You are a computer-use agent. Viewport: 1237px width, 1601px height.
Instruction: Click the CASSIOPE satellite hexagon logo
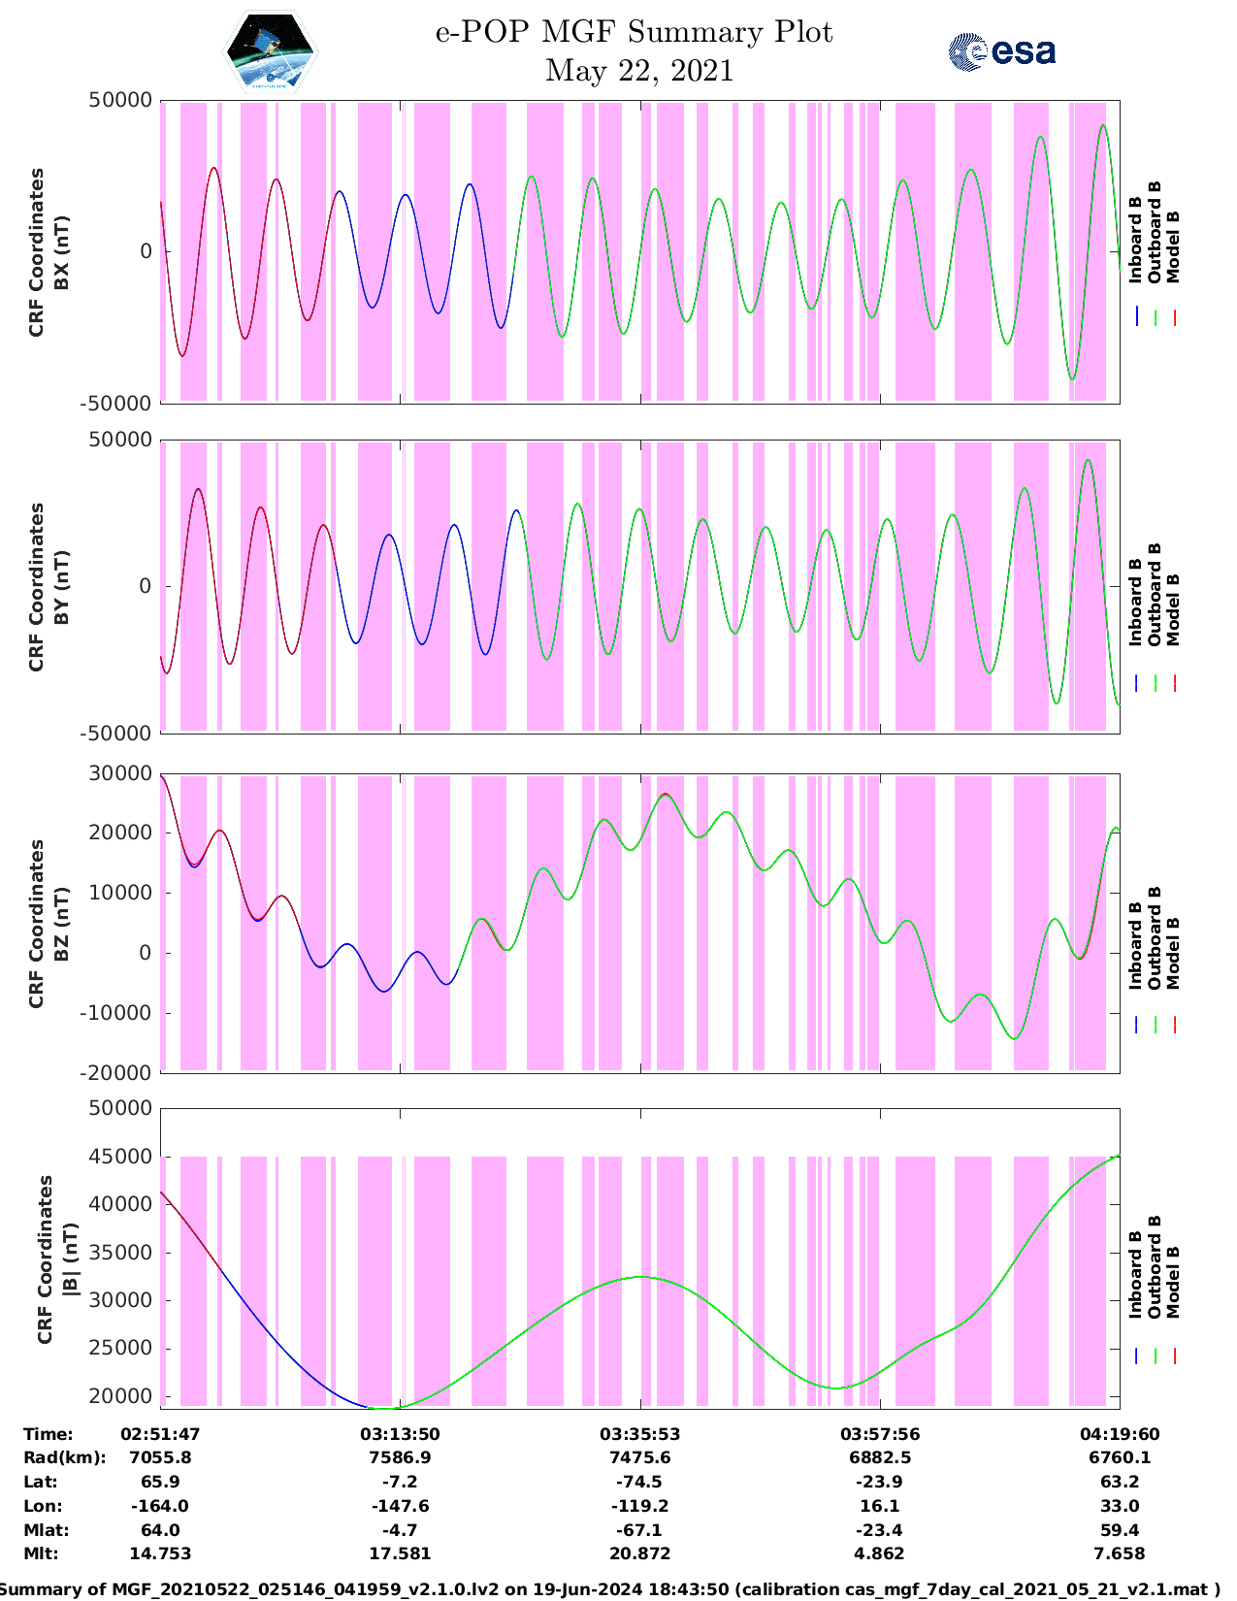tap(271, 51)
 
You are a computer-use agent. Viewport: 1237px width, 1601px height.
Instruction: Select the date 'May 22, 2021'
tap(639, 71)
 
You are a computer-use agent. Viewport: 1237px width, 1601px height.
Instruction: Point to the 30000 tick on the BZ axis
tap(120, 773)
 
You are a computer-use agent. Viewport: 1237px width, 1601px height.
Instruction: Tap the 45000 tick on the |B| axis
tap(120, 1156)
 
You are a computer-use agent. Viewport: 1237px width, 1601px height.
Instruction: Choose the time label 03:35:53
tap(639, 1434)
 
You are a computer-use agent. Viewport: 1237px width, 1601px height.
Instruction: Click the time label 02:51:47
tap(160, 1434)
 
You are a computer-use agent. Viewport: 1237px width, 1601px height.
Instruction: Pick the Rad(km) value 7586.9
tap(400, 1457)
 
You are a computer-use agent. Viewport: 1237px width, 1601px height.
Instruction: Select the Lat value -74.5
tap(639, 1482)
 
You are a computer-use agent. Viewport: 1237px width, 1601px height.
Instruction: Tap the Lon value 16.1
tap(880, 1506)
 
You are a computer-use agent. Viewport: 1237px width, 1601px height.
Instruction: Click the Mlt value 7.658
tap(1119, 1553)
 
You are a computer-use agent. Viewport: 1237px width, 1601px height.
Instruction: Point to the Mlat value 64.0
tap(160, 1530)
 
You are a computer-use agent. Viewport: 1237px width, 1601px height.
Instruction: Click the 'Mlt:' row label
tap(41, 1553)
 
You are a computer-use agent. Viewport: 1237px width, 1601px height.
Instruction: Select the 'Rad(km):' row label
tap(65, 1457)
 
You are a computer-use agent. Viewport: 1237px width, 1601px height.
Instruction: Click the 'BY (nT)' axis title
tap(61, 587)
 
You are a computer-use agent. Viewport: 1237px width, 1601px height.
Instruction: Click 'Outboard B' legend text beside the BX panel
tap(1154, 232)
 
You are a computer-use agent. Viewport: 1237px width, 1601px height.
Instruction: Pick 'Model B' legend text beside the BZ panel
tap(1173, 954)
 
